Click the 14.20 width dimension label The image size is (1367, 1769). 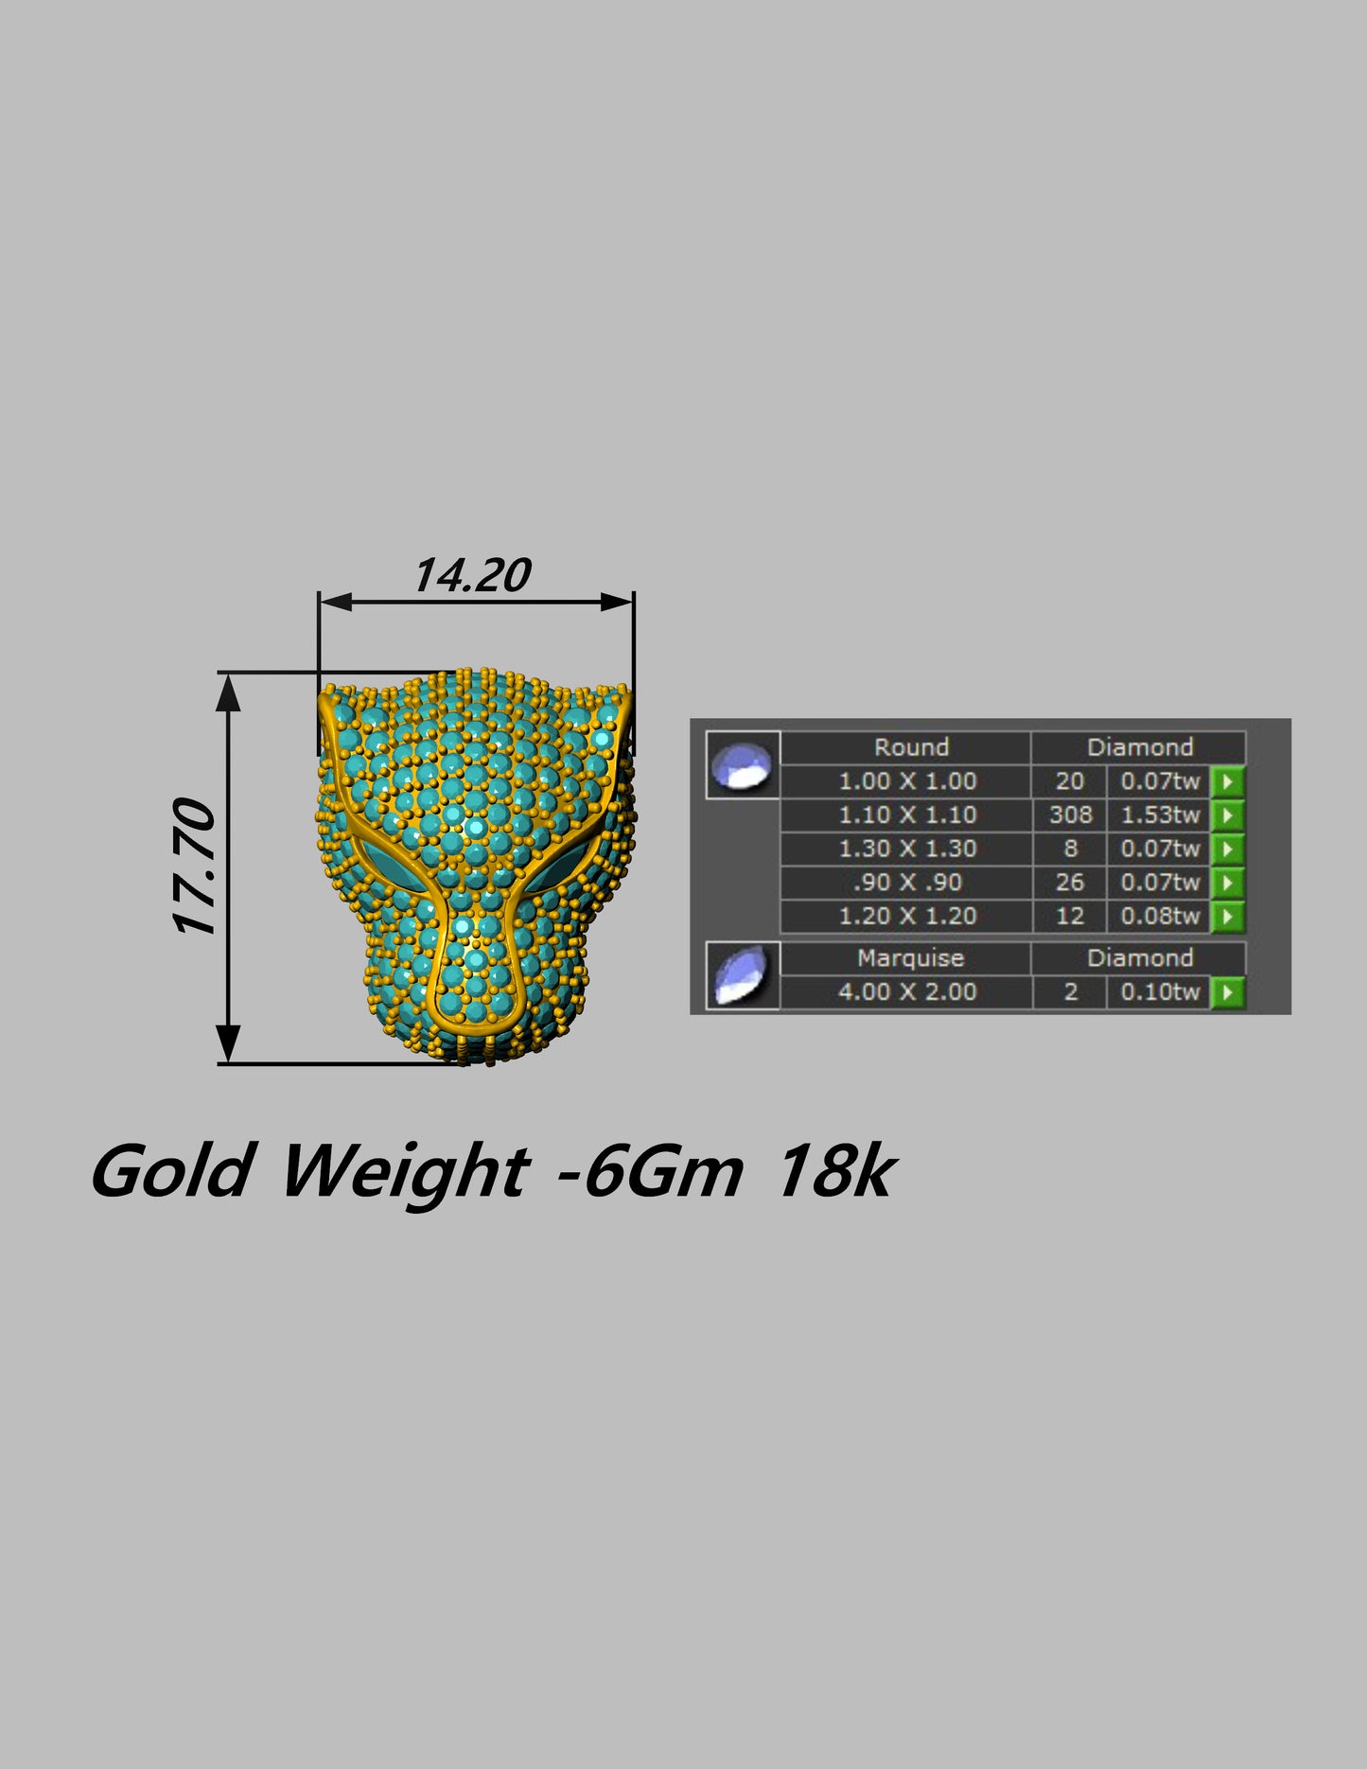coord(472,575)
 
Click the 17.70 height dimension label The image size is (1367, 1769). coord(196,867)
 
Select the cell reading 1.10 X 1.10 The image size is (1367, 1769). coord(906,814)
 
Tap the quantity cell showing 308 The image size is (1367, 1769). coord(1070,814)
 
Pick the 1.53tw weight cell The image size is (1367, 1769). coord(1160,814)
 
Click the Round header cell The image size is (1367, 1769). coord(910,747)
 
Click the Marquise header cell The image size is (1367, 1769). coord(910,958)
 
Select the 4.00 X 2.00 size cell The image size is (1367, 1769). coord(906,992)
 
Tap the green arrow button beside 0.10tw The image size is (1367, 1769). coord(1228,992)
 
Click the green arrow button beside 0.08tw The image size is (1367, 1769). coord(1228,916)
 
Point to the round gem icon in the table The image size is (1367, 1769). coord(743,764)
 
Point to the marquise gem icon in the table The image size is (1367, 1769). coord(743,975)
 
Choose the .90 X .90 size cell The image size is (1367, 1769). coord(906,883)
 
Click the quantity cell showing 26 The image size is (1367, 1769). coord(1070,883)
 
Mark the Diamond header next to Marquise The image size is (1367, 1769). coord(1139,958)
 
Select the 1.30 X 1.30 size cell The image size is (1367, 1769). coord(906,849)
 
